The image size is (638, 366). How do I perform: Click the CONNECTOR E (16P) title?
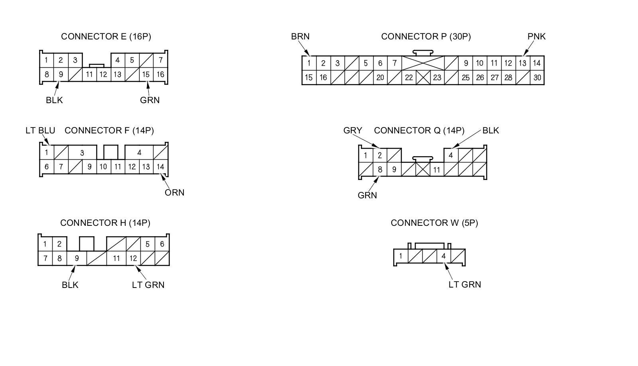pyautogui.click(x=106, y=37)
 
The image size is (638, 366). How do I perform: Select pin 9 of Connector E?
pyautogui.click(x=61, y=74)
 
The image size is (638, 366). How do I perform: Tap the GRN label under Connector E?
pyautogui.click(x=150, y=100)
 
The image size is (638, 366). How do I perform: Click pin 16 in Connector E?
pyautogui.click(x=160, y=74)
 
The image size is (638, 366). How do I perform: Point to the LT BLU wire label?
pyautogui.click(x=40, y=131)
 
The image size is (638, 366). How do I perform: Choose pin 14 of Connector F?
pyautogui.click(x=160, y=167)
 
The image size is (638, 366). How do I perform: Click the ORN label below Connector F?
pyautogui.click(x=174, y=193)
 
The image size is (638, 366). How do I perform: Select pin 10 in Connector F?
pyautogui.click(x=103, y=167)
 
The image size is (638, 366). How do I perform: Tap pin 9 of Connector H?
pyautogui.click(x=77, y=258)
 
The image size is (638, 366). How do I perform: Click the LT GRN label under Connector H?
pyautogui.click(x=148, y=285)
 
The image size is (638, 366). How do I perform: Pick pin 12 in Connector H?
pyautogui.click(x=133, y=258)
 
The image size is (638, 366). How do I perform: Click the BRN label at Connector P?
pyautogui.click(x=300, y=37)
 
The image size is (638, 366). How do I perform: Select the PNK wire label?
pyautogui.click(x=536, y=37)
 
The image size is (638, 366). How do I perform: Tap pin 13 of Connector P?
pyautogui.click(x=522, y=63)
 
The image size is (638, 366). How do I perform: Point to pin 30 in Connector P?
pyautogui.click(x=537, y=78)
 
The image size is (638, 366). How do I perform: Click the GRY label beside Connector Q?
pyautogui.click(x=352, y=131)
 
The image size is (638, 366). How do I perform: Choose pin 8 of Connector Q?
pyautogui.click(x=380, y=170)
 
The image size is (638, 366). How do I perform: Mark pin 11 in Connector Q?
pyautogui.click(x=437, y=170)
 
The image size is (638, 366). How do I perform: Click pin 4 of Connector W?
pyautogui.click(x=443, y=256)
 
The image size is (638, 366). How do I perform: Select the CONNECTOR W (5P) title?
pyautogui.click(x=434, y=223)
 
